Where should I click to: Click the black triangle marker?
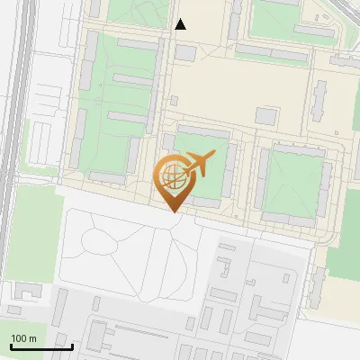(x=180, y=24)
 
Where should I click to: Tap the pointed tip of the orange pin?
(x=173, y=212)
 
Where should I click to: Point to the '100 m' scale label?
(x=23, y=338)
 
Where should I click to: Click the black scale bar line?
(x=40, y=346)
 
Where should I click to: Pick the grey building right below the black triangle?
(x=185, y=53)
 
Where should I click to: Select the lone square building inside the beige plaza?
(x=266, y=116)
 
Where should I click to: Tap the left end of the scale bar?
(x=11, y=346)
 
